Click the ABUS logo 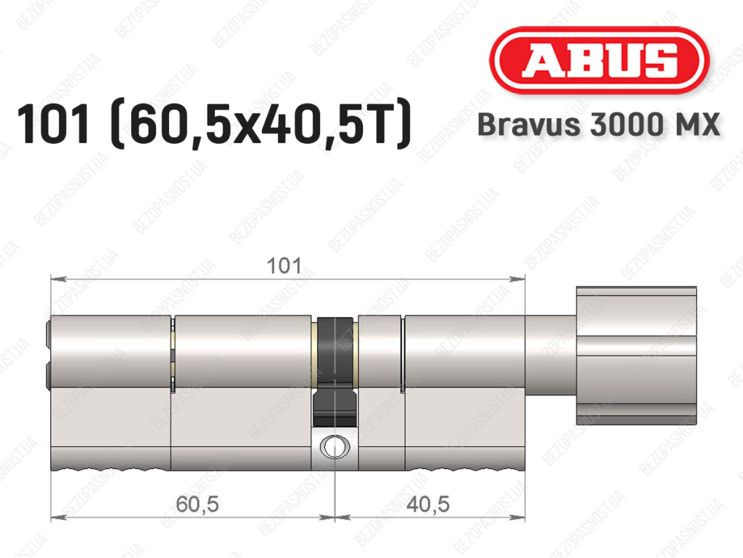pyautogui.click(x=599, y=60)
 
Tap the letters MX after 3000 pyautogui.click(x=694, y=125)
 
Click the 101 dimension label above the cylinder pyautogui.click(x=284, y=266)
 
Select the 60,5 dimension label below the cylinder pyautogui.click(x=197, y=504)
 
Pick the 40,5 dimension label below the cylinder pyautogui.click(x=428, y=504)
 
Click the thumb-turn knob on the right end pyautogui.click(x=636, y=356)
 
